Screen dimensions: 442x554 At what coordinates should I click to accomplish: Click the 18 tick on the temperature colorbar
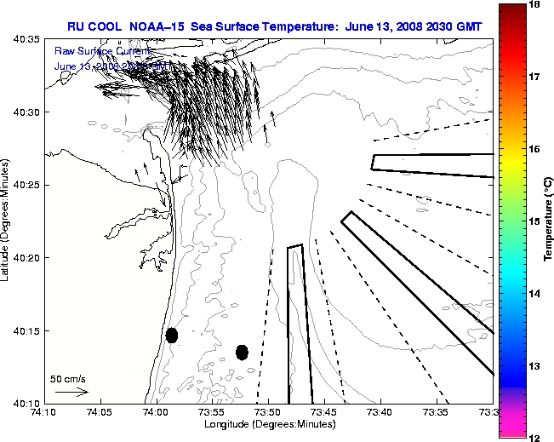coord(534,5)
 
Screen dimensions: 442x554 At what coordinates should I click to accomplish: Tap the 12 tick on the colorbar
coord(534,436)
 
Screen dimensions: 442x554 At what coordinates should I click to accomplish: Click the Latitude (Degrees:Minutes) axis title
coord(7,221)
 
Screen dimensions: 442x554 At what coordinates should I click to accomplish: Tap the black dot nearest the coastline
coord(172,335)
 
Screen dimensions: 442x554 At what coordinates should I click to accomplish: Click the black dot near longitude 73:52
coord(242,352)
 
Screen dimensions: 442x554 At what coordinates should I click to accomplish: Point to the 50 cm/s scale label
coord(68,379)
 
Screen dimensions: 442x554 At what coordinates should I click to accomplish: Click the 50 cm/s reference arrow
coord(71,392)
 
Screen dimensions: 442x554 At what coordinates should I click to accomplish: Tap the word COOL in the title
coord(110,26)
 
